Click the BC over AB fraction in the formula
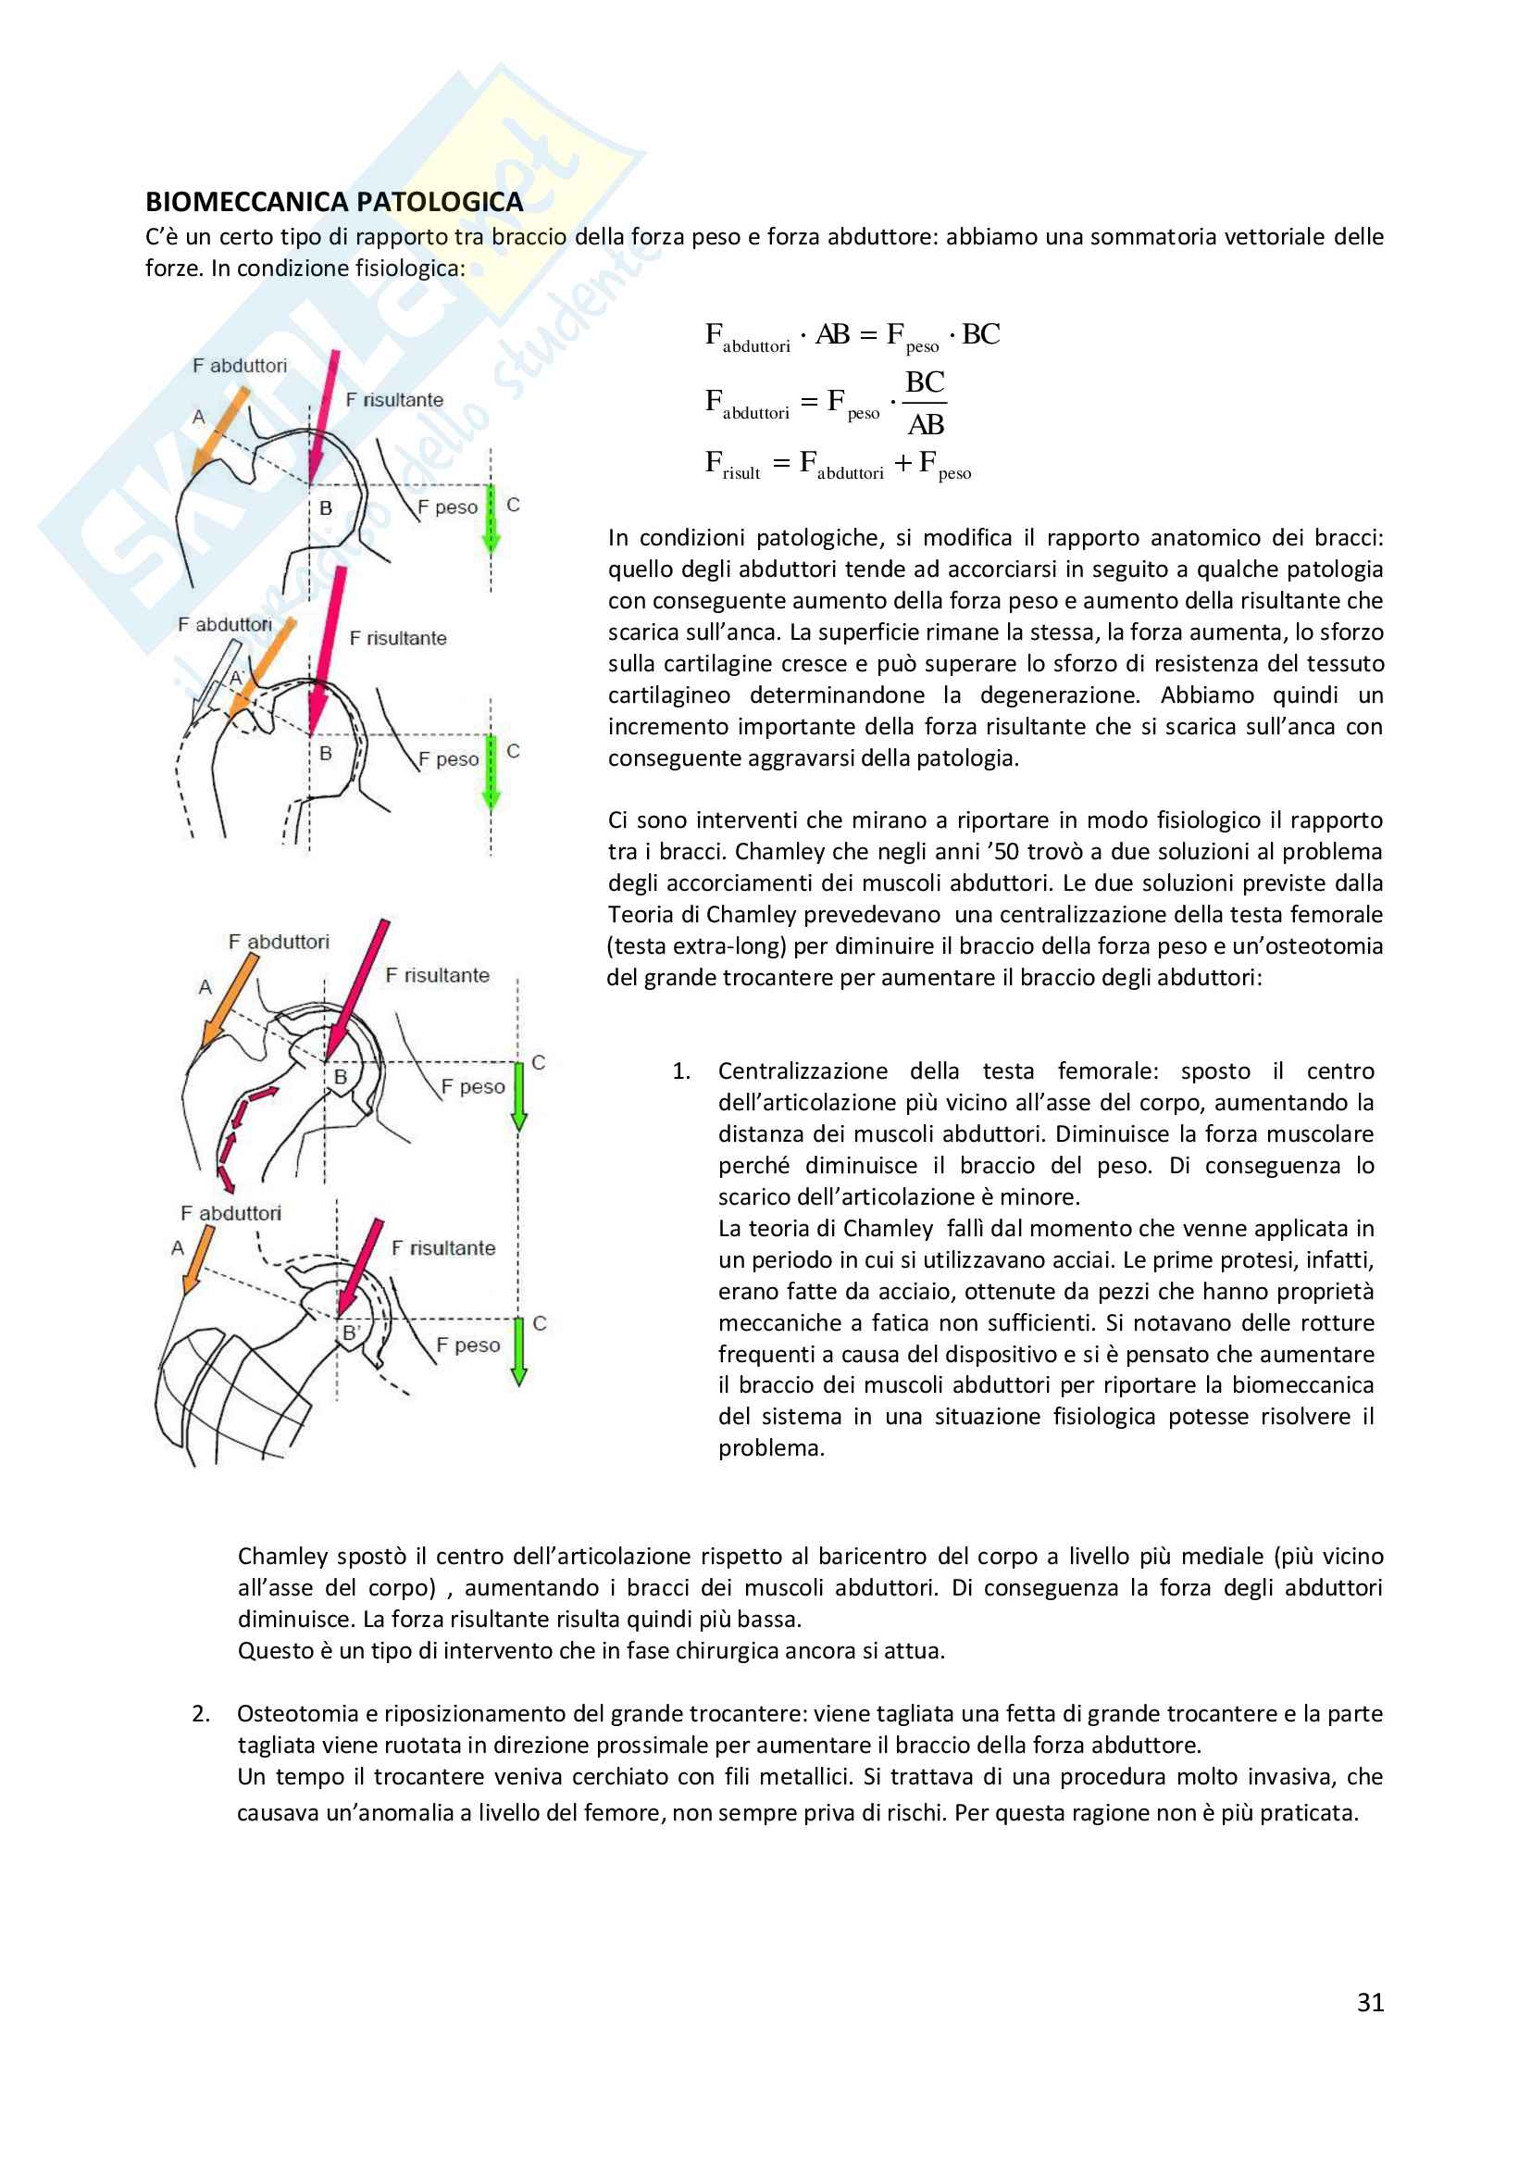pyautogui.click(x=925, y=403)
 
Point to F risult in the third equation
pyautogui.click(x=731, y=464)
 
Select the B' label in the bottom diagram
pyautogui.click(x=351, y=1333)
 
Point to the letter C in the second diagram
pyautogui.click(x=513, y=752)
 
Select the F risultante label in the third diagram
pyautogui.click(x=438, y=975)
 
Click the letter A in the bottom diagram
pyautogui.click(x=177, y=1247)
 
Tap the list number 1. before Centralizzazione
pyautogui.click(x=680, y=1071)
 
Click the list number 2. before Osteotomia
pyautogui.click(x=201, y=1713)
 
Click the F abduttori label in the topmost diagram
pyautogui.click(x=240, y=366)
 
